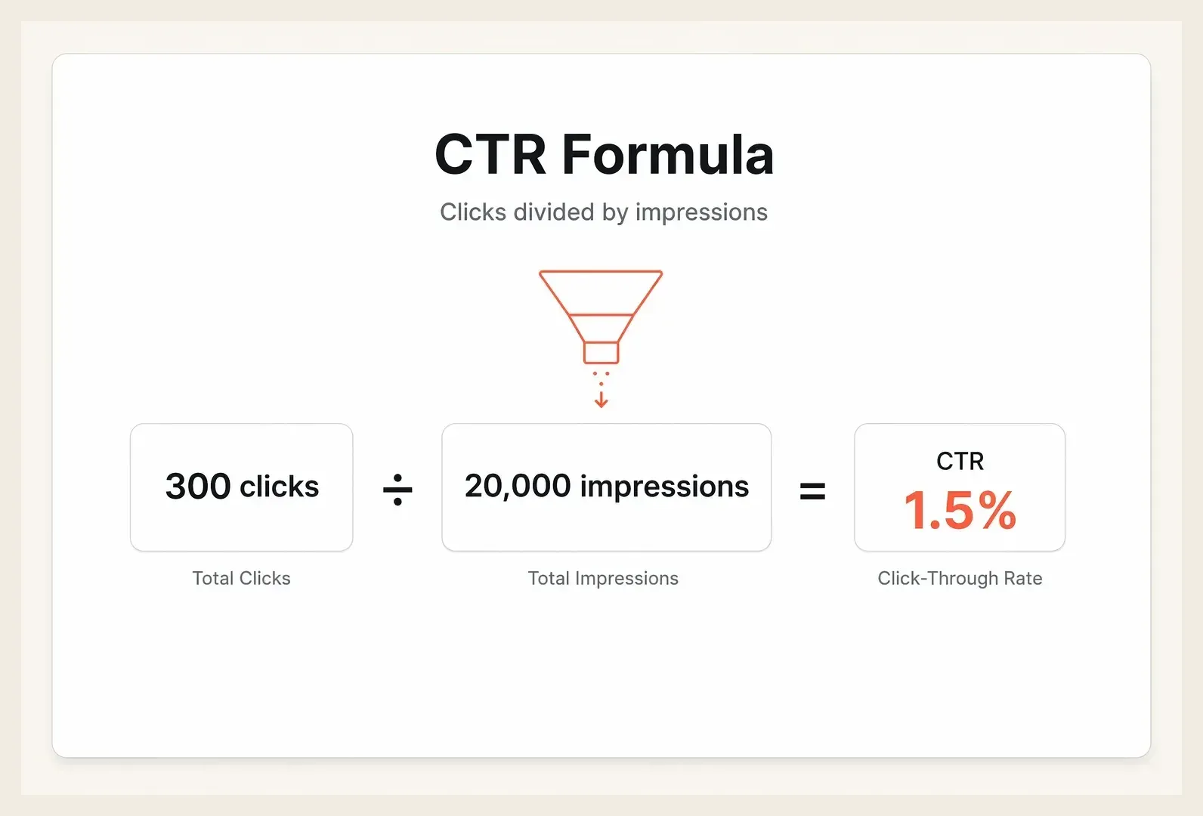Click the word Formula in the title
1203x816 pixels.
(x=667, y=155)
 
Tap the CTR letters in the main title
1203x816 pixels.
(x=490, y=155)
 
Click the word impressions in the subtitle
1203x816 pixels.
(x=701, y=212)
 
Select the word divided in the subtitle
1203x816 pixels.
(x=554, y=212)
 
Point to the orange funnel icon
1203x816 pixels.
(x=601, y=317)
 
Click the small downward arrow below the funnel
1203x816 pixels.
(x=601, y=398)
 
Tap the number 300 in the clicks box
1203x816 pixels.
(x=198, y=487)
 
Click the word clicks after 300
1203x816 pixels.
(x=280, y=487)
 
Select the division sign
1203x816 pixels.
(x=397, y=490)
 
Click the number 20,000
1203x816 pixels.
(x=518, y=487)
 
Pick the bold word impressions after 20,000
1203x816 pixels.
(x=665, y=487)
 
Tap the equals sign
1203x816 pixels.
(x=812, y=490)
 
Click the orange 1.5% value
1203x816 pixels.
(x=960, y=510)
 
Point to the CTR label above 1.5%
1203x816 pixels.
(x=960, y=461)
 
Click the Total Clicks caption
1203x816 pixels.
(x=242, y=578)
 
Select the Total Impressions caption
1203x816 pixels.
(x=603, y=579)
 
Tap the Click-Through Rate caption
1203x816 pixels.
(x=960, y=579)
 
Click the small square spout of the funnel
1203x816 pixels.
(x=601, y=353)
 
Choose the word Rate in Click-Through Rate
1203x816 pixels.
(x=1023, y=578)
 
